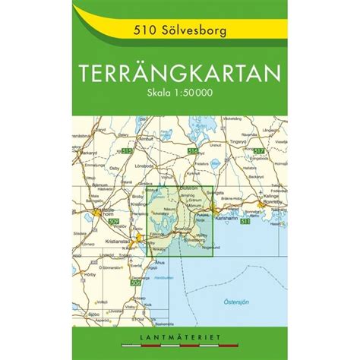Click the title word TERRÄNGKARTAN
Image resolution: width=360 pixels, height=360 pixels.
pos(179,78)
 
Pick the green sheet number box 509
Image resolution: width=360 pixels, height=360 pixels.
pos(114,221)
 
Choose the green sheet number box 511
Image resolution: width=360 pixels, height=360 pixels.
pos(245,222)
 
